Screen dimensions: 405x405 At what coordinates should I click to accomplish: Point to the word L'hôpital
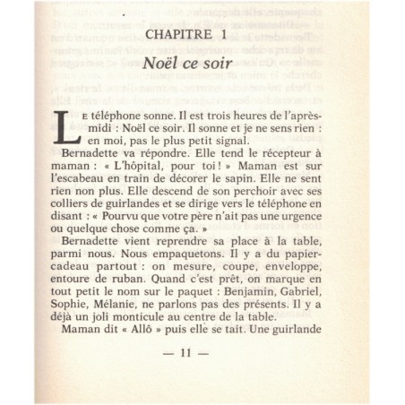pos(186,181)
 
